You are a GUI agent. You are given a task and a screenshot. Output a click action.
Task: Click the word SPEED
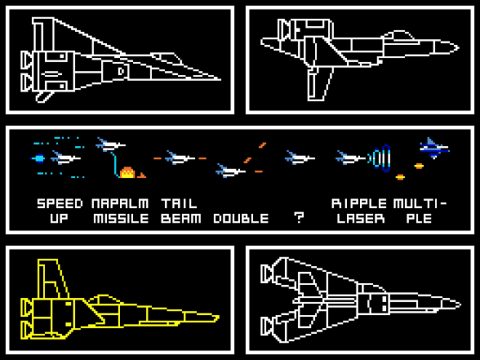tap(60, 203)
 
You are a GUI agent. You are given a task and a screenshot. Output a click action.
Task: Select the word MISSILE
tap(120, 218)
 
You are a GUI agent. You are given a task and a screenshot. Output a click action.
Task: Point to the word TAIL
tap(179, 203)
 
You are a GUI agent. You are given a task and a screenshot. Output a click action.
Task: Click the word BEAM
tap(181, 218)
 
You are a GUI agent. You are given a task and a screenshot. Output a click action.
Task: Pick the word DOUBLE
tap(241, 218)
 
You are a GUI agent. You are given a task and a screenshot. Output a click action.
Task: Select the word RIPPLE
tap(359, 203)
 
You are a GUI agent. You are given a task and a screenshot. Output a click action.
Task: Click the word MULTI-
tap(420, 203)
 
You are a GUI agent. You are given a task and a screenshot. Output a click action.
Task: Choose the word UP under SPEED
tap(60, 218)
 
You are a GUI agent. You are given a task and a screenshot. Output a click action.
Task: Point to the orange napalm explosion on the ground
tap(128, 173)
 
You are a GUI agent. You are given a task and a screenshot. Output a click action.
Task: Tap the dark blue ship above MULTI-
tap(433, 148)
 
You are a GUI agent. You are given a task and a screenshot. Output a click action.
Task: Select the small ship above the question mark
tap(299, 156)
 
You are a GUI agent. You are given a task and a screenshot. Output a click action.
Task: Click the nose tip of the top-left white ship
tap(220, 79)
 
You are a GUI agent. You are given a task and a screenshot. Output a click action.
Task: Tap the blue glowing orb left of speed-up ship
tap(39, 158)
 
